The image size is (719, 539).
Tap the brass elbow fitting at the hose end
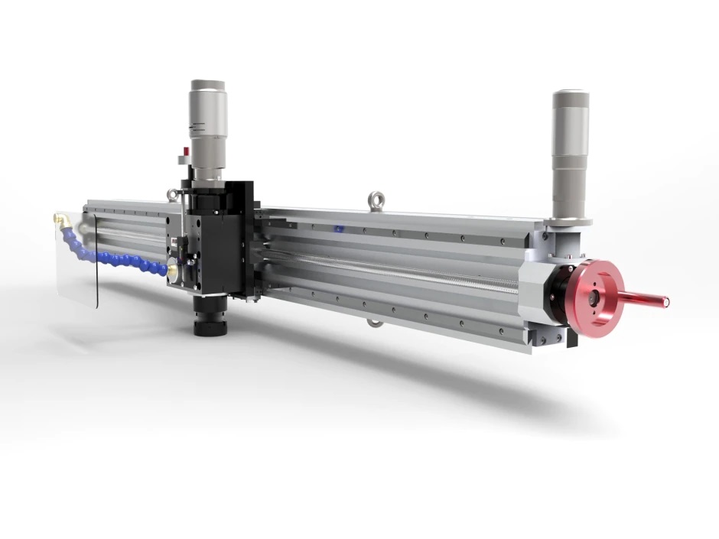61,221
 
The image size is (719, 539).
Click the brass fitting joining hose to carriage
174,270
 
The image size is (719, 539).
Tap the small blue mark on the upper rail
338,228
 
